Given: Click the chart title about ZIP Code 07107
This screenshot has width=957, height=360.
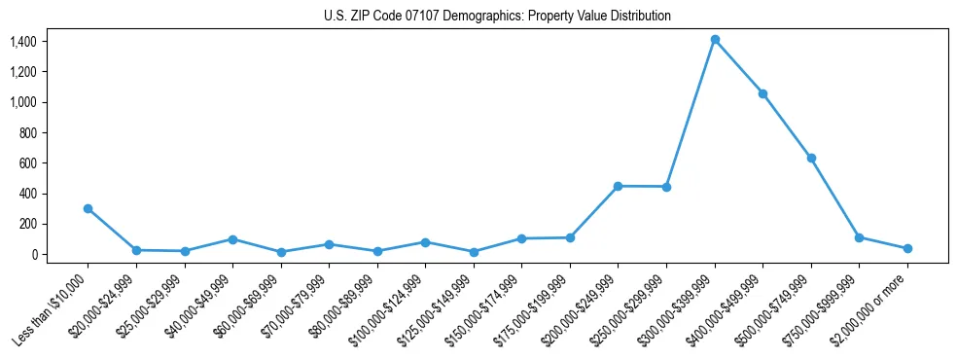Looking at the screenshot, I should (497, 16).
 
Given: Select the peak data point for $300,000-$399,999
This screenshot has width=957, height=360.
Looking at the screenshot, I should (715, 40).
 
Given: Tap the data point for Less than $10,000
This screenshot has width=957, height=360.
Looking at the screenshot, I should (89, 208).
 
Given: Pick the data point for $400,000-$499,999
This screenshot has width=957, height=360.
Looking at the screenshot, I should (762, 94).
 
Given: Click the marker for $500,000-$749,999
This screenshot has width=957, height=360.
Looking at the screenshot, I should (811, 158).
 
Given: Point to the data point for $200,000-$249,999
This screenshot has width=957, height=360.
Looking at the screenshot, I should (618, 186).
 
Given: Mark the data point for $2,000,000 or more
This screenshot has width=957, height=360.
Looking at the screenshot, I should (907, 248).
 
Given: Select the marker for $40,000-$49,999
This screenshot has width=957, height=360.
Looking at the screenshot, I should (232, 239).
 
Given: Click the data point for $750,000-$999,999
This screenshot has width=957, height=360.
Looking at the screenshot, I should (859, 237).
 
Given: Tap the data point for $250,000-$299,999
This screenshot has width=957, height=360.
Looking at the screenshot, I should (666, 187).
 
